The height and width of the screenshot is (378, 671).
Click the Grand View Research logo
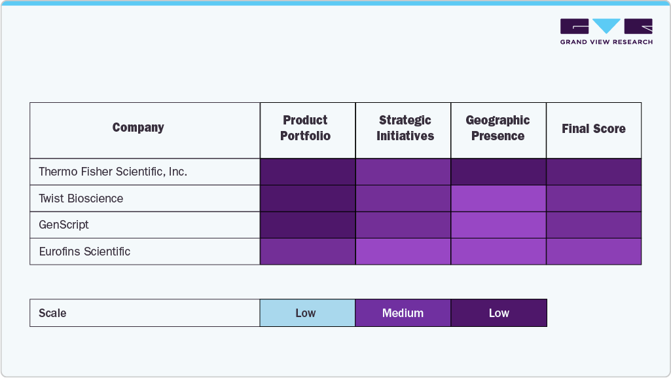coord(606,31)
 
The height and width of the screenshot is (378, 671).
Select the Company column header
coord(138,128)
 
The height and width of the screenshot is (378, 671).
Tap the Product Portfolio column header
coord(305,128)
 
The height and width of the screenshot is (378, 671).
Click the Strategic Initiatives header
coord(405,128)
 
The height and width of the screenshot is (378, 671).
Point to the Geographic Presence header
coord(498,128)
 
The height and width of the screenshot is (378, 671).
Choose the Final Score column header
coord(593,129)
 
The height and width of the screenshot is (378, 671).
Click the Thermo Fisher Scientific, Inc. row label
coord(113,172)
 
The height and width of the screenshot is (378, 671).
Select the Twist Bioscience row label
coord(81,198)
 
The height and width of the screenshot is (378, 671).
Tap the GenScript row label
coord(63,225)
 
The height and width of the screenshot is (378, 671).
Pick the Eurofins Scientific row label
coord(84,252)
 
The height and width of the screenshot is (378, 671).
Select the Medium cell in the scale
coord(403,313)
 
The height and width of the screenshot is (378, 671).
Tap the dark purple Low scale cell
coord(498,313)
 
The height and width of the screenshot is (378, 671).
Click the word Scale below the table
coord(52,313)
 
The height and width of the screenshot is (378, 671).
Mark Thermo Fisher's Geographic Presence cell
coord(498,172)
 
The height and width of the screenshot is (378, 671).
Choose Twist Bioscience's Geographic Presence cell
coord(498,198)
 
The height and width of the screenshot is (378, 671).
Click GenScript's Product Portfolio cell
coord(307,225)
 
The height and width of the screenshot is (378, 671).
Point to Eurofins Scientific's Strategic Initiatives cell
coord(403,252)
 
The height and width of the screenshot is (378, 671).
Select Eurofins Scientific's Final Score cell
coord(593,252)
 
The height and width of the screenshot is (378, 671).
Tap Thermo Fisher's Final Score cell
coord(593,172)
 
